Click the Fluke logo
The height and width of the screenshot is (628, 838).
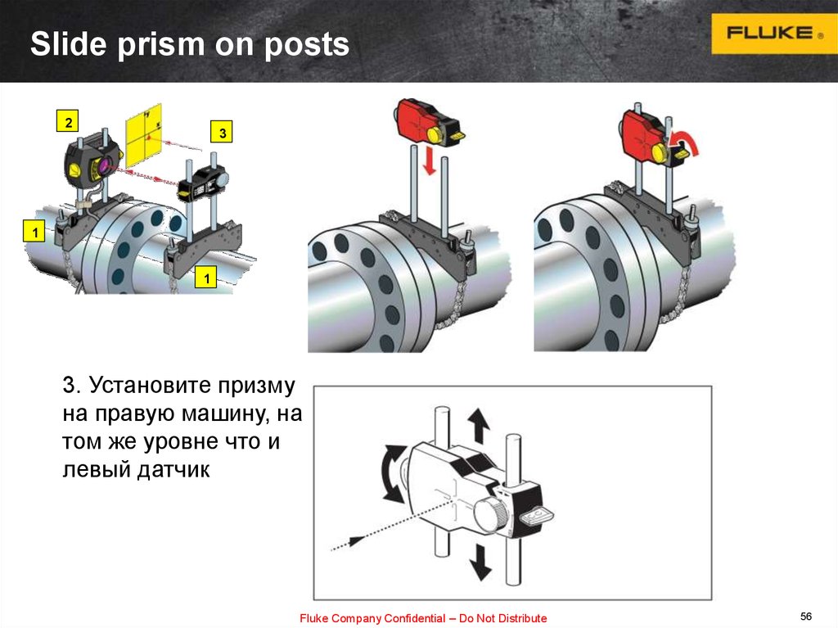tap(774, 34)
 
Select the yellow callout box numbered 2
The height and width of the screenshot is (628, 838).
tap(68, 121)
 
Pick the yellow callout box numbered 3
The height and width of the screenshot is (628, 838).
tap(223, 132)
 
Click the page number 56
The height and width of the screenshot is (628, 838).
tap(806, 617)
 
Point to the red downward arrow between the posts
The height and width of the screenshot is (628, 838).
tap(429, 162)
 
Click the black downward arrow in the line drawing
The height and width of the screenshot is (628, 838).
tap(480, 562)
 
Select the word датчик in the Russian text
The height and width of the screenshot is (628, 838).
tap(173, 469)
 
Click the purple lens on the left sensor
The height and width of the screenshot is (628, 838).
tap(103, 165)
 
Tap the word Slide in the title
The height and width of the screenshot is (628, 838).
tap(69, 43)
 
